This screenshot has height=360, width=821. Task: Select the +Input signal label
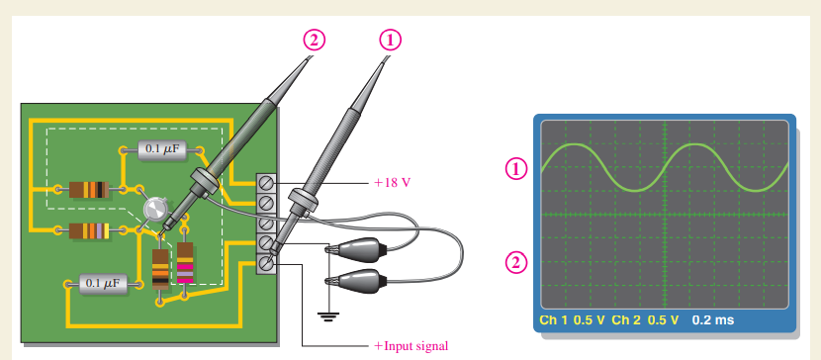pos(410,346)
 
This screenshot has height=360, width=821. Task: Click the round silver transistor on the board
pos(154,208)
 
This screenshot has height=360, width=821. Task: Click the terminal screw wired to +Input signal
pos(267,262)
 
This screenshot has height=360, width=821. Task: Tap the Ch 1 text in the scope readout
pos(554,319)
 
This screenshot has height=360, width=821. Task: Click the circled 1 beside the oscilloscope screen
pos(515,168)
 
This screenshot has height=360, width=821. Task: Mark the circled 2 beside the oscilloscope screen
pos(515,262)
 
